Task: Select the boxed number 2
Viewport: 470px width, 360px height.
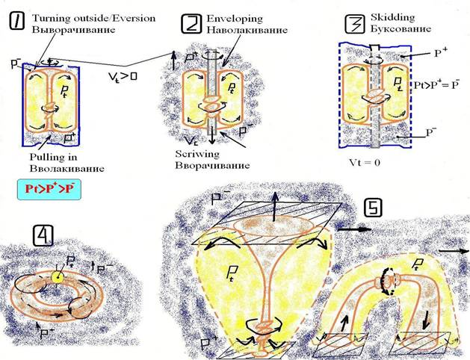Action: coord(191,24)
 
